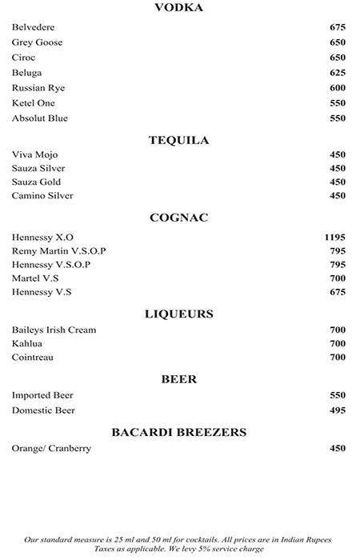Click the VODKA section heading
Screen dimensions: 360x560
(x=178, y=8)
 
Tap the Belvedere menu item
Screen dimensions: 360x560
(x=34, y=27)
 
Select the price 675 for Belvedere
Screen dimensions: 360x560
(x=337, y=27)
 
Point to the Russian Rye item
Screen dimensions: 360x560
(x=38, y=88)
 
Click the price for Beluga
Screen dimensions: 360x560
(x=337, y=73)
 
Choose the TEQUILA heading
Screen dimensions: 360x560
(x=178, y=140)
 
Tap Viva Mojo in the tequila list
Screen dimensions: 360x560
(x=35, y=154)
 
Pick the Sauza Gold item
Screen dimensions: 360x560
(x=36, y=182)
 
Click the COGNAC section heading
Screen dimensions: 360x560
(x=178, y=217)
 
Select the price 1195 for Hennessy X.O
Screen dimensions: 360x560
(x=334, y=237)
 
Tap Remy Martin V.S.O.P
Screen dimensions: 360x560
(x=58, y=250)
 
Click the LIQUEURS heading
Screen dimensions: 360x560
(x=178, y=314)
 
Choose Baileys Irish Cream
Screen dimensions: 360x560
(x=54, y=330)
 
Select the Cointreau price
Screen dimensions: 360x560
(x=337, y=357)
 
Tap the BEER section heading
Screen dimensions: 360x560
(x=178, y=379)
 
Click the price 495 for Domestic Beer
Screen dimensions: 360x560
(x=337, y=410)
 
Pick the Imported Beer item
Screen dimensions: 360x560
(x=42, y=395)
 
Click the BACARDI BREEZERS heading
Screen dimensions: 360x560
(x=178, y=432)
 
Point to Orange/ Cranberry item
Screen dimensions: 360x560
(x=51, y=448)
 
